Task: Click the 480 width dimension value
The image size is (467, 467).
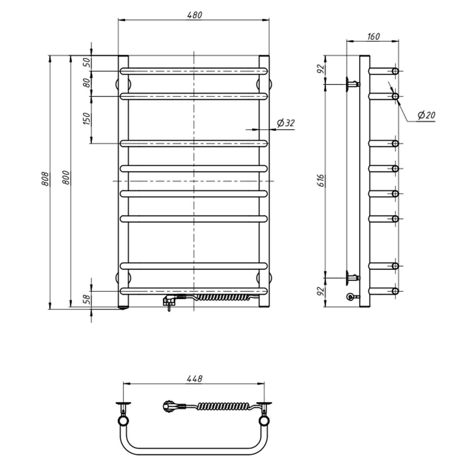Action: pos(194,15)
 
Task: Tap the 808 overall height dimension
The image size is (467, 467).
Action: pos(45,179)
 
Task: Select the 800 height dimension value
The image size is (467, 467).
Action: pos(67,177)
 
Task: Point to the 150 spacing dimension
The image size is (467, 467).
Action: pos(86,119)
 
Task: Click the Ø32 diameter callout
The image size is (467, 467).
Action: pos(286,123)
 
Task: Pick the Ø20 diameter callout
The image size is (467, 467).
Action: pos(427,115)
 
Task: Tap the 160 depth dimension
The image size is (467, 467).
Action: pos(374,36)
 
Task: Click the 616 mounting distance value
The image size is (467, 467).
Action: pos(320,180)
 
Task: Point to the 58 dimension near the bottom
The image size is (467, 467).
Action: pos(86,300)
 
